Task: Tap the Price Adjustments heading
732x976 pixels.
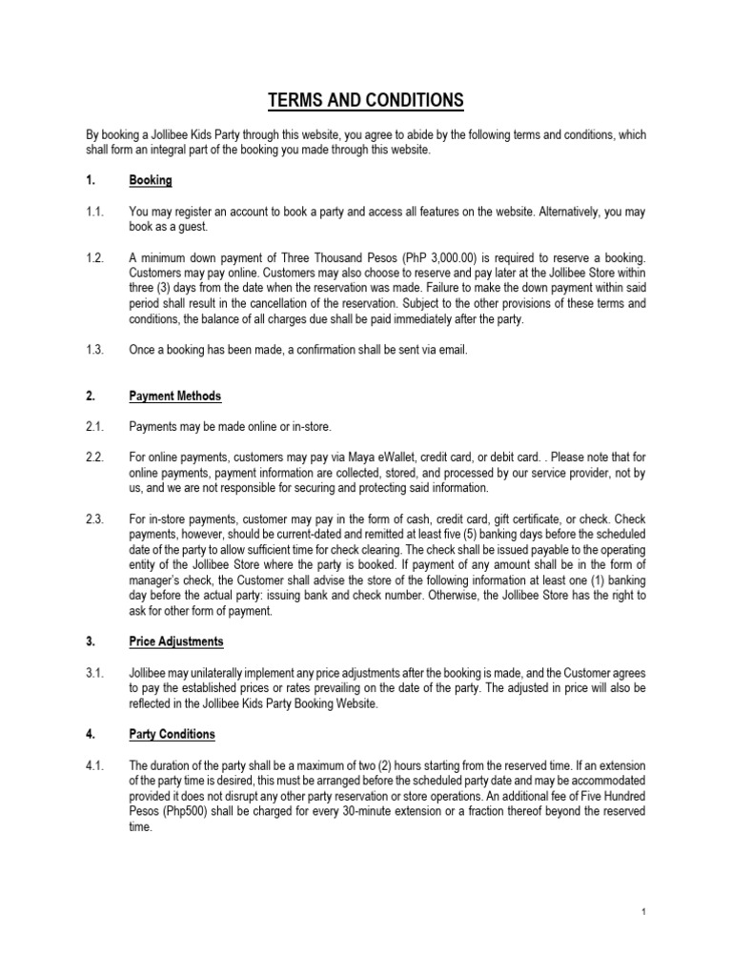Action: pos(176,641)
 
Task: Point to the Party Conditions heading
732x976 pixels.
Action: pos(172,734)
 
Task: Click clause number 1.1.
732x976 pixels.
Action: pos(95,212)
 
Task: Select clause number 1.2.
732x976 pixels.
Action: pos(95,257)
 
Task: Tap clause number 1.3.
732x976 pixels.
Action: pos(95,350)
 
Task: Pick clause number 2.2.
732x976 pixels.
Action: pos(95,458)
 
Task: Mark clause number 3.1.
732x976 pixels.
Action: pos(95,673)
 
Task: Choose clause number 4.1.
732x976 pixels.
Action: pos(95,765)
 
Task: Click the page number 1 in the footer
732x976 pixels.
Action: pos(644,912)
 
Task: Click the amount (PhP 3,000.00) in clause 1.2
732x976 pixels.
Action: pos(354,257)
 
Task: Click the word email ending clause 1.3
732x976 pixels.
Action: pos(452,350)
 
